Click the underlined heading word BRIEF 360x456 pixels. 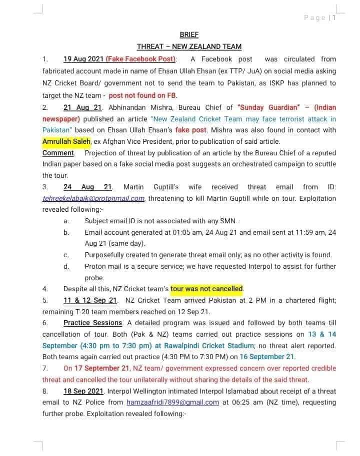tap(189, 35)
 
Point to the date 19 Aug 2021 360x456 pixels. tap(83, 59)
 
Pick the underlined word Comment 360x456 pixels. tap(58, 153)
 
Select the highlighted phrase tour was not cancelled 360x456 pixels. tap(206, 289)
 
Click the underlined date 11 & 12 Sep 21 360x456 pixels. tap(90, 300)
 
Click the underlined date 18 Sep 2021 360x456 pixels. tap(82, 391)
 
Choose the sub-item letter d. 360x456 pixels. tap(66, 266)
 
